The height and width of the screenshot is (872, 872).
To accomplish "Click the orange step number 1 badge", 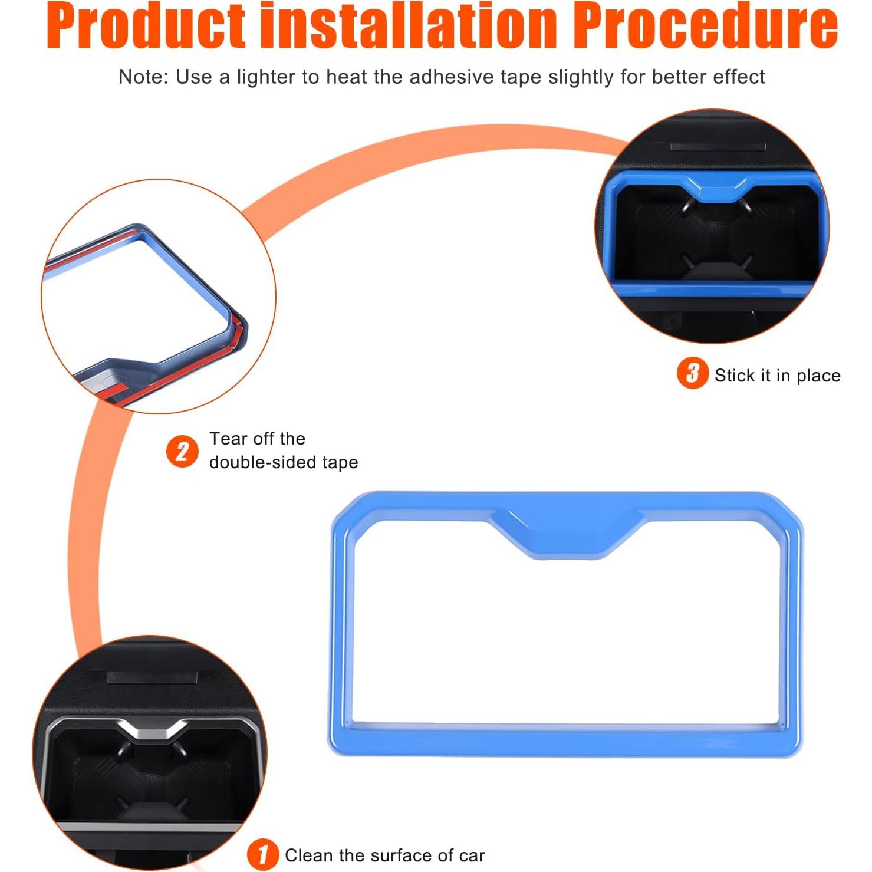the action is (x=262, y=855).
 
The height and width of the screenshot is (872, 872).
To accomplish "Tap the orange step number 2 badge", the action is (x=182, y=452).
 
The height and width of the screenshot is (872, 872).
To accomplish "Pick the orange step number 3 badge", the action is (x=693, y=373).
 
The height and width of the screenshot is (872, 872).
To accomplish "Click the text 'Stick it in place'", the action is (x=778, y=376).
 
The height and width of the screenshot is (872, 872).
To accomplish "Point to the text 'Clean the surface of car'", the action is (x=384, y=855).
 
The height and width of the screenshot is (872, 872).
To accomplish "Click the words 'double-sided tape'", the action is (x=284, y=462).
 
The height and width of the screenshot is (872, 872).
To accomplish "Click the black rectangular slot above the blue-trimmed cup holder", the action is (x=718, y=147).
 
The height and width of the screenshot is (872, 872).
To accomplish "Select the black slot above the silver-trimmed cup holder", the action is (x=153, y=677).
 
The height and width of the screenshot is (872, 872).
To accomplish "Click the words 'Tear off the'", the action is (x=257, y=439).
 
